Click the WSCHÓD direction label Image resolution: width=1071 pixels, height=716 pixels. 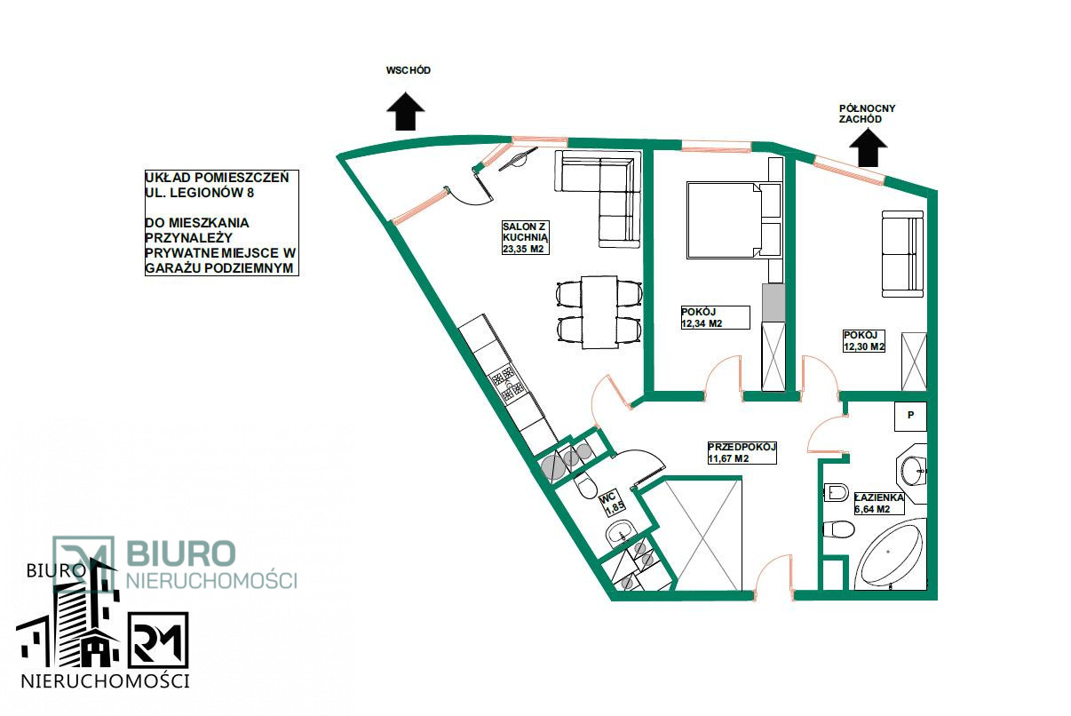pos(409,70)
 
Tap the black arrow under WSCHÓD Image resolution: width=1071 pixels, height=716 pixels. pos(406,111)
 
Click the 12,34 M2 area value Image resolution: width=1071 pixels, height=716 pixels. pos(702,323)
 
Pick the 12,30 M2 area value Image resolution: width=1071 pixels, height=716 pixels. pos(864,346)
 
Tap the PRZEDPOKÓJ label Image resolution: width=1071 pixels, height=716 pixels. pos(742,447)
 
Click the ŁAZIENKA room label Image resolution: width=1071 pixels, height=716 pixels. pos(879,497)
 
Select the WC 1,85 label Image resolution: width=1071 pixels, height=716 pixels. pos(612,504)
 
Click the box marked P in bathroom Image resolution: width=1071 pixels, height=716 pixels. pos(910,416)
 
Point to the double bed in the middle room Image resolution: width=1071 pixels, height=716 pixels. pos(734,220)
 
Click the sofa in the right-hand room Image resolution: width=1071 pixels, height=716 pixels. pos(902,254)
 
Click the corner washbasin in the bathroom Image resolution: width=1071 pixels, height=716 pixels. pos(912,473)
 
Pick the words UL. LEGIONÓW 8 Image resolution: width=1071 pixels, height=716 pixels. pos(200,193)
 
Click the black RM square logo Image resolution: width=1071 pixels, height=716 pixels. pos(158,640)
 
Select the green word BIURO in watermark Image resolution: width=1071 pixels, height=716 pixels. pos(181,553)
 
